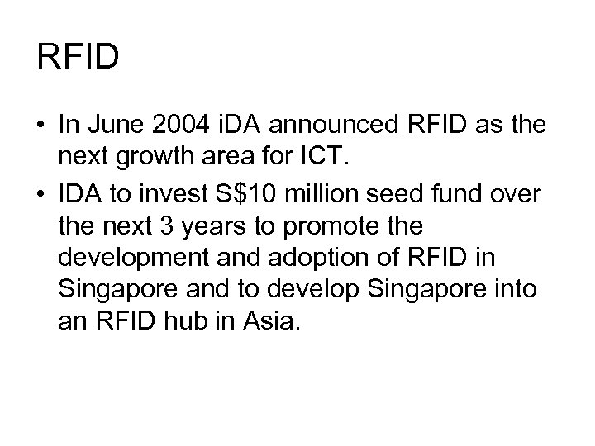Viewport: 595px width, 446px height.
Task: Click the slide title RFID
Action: pos(79,58)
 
